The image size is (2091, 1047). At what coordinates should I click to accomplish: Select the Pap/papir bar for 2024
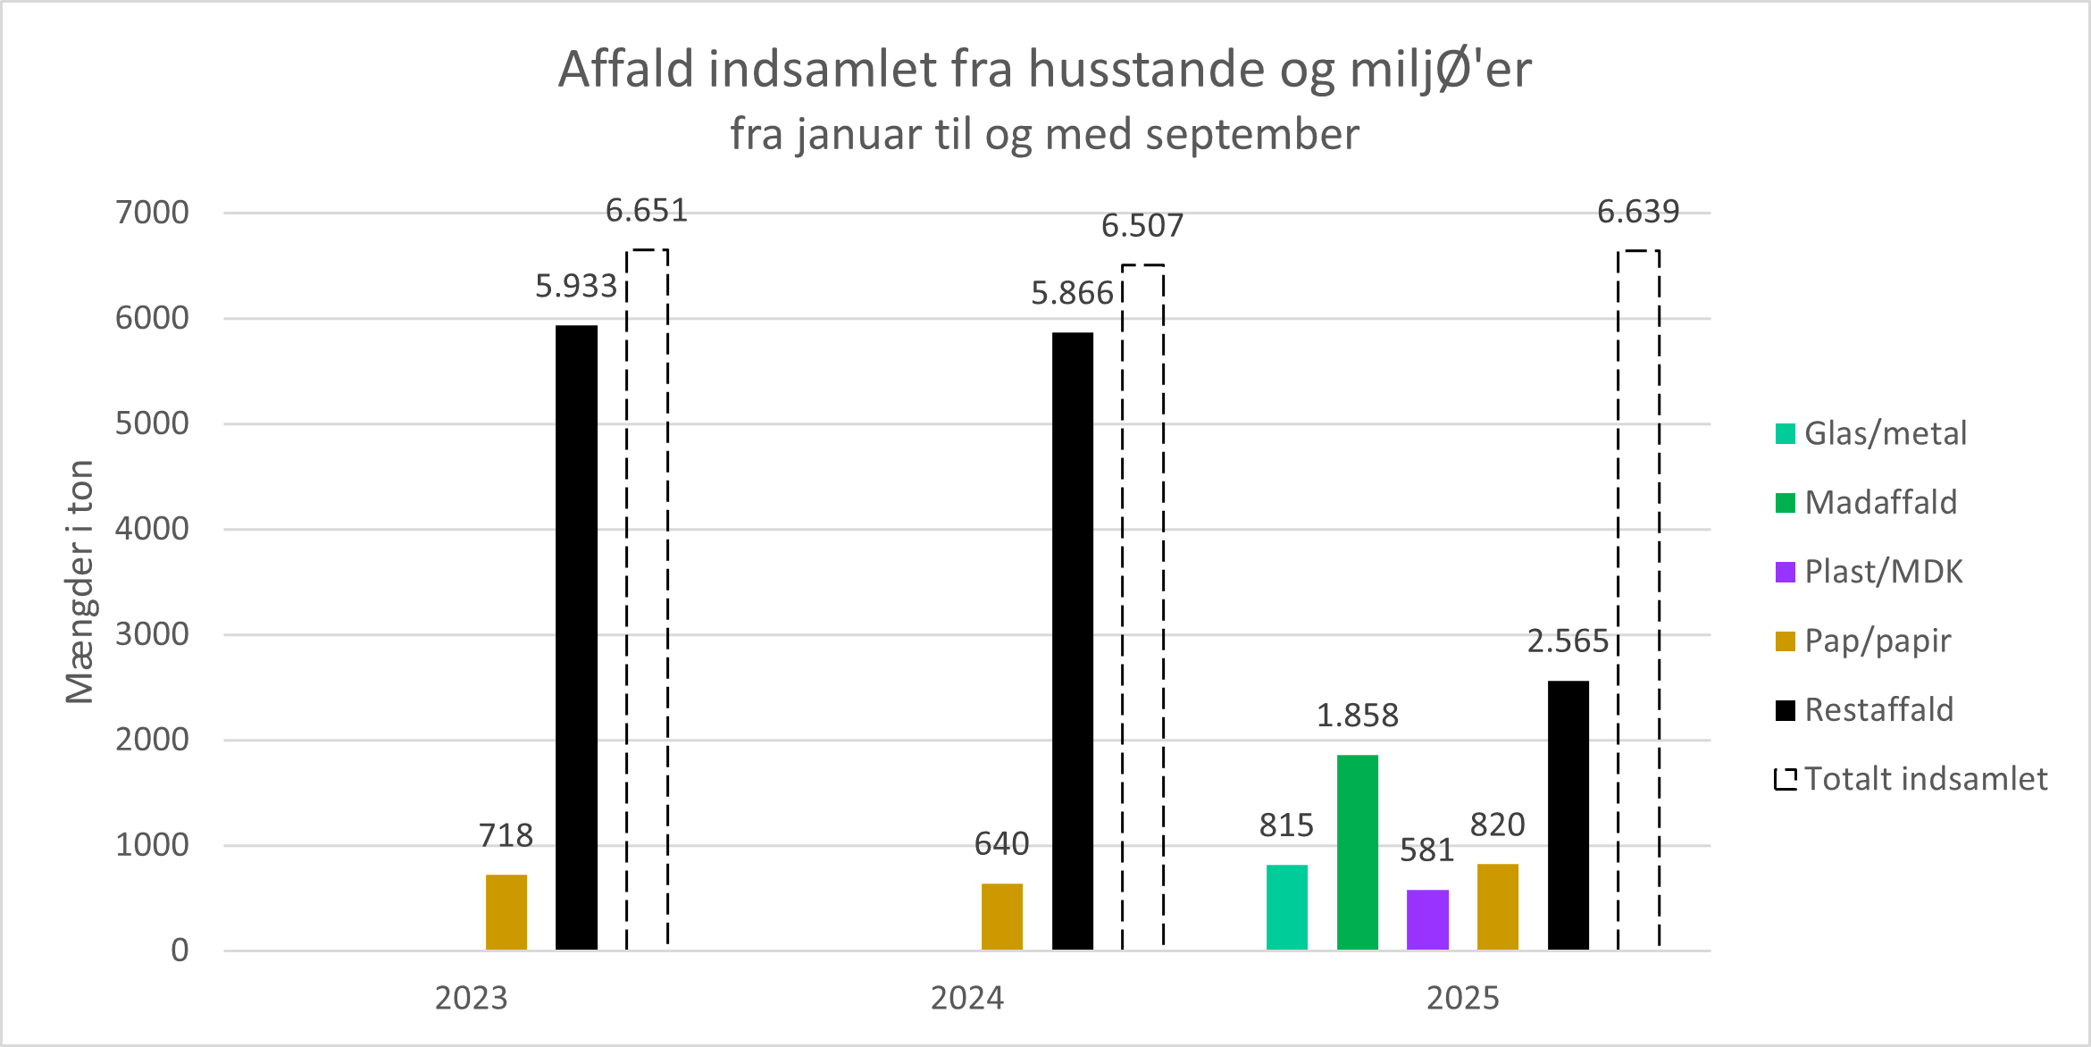click(x=1001, y=917)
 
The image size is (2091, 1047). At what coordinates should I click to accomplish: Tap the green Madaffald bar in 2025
click(x=1357, y=852)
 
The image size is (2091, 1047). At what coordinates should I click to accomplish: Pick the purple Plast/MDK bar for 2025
click(x=1427, y=919)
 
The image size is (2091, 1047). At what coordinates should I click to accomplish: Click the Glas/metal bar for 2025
click(x=1286, y=907)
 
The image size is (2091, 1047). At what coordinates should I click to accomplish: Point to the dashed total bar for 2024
click(x=1142, y=607)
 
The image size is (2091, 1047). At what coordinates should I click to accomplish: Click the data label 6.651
click(x=647, y=211)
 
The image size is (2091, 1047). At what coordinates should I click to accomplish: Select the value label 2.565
click(x=1568, y=641)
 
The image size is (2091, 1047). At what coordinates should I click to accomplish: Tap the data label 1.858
click(x=1357, y=716)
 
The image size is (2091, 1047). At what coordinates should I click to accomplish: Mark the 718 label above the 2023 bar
click(x=506, y=836)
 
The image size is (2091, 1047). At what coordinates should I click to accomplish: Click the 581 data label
click(x=1426, y=850)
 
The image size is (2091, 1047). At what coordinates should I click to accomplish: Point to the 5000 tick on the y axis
click(x=152, y=423)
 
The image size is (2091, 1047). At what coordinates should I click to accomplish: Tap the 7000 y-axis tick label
click(x=152, y=213)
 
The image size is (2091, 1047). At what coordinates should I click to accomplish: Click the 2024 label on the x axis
click(x=966, y=998)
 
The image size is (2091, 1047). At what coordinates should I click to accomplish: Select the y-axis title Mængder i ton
click(x=79, y=582)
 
